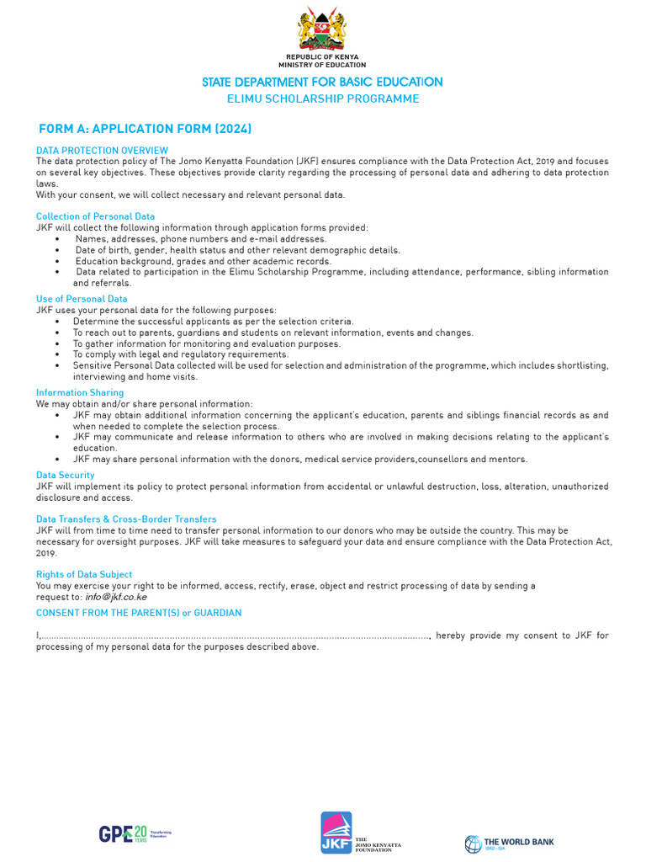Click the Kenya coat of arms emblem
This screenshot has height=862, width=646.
[x=322, y=29]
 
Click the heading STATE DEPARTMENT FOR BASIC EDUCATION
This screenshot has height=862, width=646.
[x=322, y=82]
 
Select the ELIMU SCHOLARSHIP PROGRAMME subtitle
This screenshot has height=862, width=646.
[x=322, y=98]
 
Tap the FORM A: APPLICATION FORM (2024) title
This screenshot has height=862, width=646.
[x=146, y=129]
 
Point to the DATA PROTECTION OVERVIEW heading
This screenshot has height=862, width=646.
[x=102, y=151]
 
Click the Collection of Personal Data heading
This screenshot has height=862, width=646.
[x=95, y=216]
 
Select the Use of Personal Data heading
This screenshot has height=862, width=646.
[x=82, y=299]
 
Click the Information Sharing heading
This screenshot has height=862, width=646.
[x=80, y=392]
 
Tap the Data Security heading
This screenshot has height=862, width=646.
[x=65, y=475]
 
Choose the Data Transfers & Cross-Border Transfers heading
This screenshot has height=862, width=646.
[x=126, y=519]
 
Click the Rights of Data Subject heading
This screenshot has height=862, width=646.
[x=84, y=574]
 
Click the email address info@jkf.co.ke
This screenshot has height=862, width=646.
[x=116, y=596]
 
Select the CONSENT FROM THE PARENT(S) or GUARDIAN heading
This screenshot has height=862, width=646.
[x=139, y=612]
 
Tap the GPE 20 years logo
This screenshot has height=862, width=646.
[x=135, y=833]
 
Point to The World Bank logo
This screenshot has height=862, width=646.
[x=509, y=842]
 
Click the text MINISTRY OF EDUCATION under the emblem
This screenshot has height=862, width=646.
[x=322, y=65]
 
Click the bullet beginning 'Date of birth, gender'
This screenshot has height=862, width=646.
[x=238, y=250]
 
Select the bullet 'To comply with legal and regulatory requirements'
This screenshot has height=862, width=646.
[x=180, y=354]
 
